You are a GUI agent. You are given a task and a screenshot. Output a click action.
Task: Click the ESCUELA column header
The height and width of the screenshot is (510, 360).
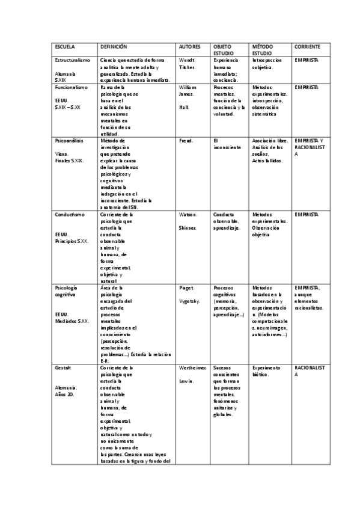[64, 46]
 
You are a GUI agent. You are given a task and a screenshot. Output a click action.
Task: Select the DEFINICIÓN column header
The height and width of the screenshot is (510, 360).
[114, 46]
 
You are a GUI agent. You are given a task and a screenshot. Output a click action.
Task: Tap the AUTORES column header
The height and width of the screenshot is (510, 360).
[191, 46]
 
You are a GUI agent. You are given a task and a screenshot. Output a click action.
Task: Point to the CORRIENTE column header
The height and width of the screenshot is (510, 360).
[307, 46]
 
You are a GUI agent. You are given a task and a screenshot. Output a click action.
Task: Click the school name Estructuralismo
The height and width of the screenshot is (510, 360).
[72, 61]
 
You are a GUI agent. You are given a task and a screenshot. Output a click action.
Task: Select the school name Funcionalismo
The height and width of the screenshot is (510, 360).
[71, 87]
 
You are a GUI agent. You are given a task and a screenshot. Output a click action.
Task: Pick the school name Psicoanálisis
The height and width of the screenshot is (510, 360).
[69, 140]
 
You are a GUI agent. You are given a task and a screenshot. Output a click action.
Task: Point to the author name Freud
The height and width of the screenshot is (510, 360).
[186, 140]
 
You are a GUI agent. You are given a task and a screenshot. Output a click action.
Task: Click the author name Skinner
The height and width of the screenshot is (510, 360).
[188, 228]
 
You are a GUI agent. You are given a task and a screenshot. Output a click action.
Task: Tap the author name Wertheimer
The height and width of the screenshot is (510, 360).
[193, 366]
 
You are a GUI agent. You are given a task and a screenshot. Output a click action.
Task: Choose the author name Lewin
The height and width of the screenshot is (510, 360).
[186, 380]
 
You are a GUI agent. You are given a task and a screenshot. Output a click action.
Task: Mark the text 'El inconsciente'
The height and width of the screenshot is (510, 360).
[227, 144]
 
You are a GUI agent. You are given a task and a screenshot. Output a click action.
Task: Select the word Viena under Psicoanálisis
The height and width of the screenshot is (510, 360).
[61, 154]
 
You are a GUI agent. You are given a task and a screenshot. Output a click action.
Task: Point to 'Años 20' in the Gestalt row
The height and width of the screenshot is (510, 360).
[64, 395]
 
